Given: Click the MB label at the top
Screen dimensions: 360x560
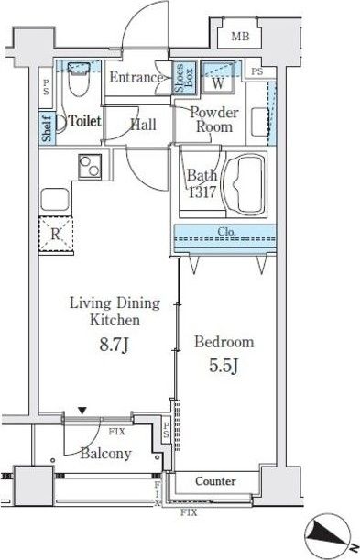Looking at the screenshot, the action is point(240,37).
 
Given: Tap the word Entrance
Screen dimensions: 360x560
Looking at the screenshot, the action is point(136,77).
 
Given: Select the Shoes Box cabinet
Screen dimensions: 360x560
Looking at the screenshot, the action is point(184,78).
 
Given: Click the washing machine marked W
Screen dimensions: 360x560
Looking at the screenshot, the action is point(218,78).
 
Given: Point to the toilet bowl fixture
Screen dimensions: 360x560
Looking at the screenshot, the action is point(78,80).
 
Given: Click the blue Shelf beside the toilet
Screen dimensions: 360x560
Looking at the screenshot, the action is point(47,126).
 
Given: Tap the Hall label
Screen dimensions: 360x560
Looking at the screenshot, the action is point(144,125).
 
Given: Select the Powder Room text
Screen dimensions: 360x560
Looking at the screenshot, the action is point(214,120).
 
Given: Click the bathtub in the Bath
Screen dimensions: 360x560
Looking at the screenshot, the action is point(245,184).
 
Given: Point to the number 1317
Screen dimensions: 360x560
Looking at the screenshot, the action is point(202,192).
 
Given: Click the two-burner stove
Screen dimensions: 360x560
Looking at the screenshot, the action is point(90,167).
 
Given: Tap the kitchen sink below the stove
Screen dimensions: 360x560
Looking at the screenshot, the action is point(55,200).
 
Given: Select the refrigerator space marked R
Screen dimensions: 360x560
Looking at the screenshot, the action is point(56,235).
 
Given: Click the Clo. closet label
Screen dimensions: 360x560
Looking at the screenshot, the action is point(227,232).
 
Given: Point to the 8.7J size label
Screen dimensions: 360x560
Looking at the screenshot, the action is point(115,345).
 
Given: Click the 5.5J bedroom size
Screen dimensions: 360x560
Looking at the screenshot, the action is point(224,366).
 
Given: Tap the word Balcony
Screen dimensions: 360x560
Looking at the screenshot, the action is point(106,453).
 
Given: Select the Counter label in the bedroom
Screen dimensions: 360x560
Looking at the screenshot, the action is point(215,481).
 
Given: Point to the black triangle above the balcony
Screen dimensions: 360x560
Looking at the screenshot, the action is point(82,411).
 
